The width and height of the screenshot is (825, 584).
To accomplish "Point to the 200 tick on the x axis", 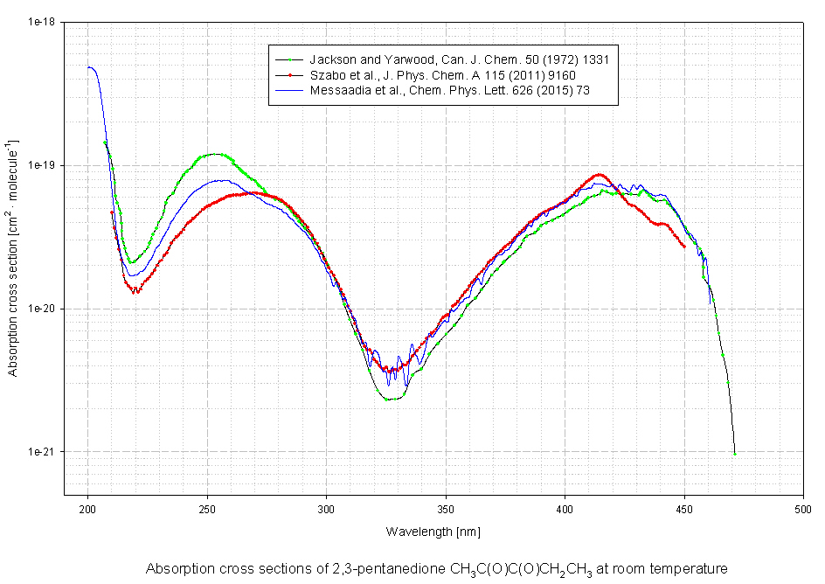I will pos(88,508).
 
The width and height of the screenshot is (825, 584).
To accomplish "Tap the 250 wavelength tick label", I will pos(207,508).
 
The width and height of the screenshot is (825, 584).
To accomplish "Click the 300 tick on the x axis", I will pos(326,508).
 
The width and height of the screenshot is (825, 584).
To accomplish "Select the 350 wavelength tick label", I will pos(445,508).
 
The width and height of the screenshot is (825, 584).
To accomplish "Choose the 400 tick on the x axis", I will pos(565,508).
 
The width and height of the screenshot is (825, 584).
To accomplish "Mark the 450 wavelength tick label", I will pos(683,508).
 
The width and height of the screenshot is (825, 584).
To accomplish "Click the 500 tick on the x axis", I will pos(802,508).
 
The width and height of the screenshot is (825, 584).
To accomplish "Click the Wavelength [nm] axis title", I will pos(433,532).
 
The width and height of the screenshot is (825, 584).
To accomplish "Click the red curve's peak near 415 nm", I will pos(600,174).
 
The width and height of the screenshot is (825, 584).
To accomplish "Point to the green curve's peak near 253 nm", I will pos(214,154).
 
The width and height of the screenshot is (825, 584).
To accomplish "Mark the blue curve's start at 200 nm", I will pos(88,66).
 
